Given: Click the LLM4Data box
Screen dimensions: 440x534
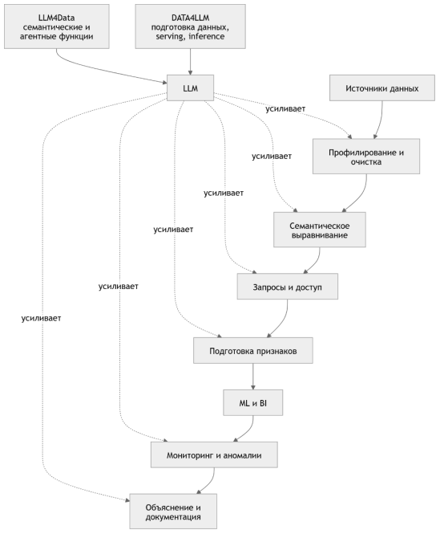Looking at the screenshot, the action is pos(56,26).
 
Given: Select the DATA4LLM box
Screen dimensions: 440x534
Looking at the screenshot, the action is pos(190,26).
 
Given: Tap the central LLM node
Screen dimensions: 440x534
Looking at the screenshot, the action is pos(190,88).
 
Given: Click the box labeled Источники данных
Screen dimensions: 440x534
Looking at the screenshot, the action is pos(381,88).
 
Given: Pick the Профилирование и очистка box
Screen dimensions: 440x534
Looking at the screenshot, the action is pos(366,157).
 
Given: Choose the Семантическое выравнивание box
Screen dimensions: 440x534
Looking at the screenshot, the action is pos(319,230).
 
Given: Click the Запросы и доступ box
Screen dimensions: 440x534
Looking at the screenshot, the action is pos(288,287).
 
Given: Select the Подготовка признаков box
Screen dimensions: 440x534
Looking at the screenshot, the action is pos(253,350).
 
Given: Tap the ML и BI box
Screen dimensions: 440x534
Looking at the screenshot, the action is pos(252,402).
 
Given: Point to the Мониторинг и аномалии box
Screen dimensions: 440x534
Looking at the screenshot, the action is pos(214,455).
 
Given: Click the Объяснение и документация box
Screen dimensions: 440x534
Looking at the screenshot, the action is pos(173,512).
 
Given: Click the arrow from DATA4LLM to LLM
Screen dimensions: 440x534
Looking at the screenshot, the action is pos(190,62).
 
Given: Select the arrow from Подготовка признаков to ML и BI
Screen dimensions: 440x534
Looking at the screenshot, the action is pos(253,377).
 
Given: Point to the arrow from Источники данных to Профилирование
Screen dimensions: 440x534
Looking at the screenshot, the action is pos(380,120).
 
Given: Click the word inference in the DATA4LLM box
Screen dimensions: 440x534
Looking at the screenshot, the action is pos(207,36).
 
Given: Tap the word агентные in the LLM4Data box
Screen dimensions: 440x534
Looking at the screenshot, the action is pos(38,36).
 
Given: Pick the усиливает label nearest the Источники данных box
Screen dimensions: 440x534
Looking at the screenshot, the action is pos(285,108).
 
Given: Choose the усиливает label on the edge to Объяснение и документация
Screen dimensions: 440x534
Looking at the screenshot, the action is pos(41,318).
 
